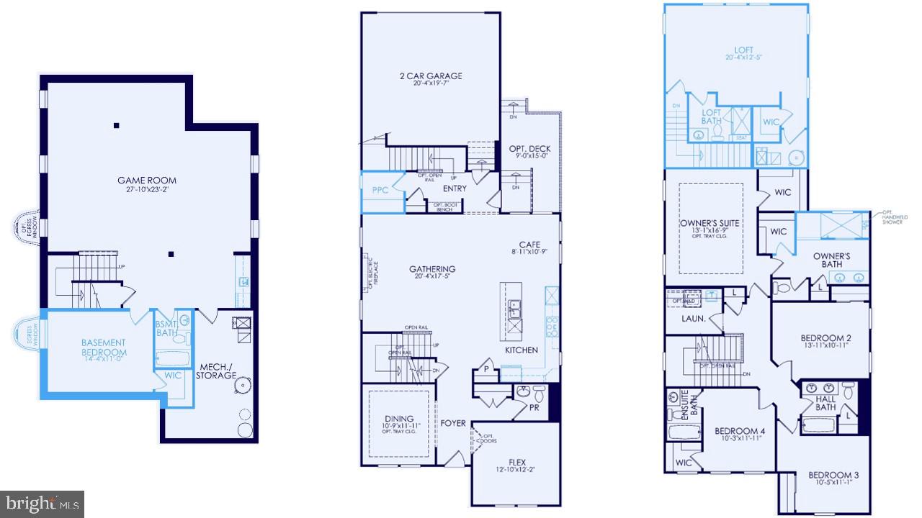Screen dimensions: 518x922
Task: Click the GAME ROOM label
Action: point(147,181)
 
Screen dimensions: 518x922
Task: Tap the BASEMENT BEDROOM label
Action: point(104,347)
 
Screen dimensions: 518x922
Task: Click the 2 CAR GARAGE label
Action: point(431,76)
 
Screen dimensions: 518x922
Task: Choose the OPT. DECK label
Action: point(529,149)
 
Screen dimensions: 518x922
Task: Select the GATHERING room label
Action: point(432,270)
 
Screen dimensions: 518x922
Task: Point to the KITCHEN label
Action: point(521,350)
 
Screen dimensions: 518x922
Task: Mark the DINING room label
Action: point(399,419)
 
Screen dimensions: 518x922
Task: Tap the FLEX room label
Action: point(517,463)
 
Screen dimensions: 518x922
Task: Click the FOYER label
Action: point(454,423)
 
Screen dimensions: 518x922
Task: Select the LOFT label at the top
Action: point(739,50)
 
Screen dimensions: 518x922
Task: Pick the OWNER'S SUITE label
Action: point(709,223)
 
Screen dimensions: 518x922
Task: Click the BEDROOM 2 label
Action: point(826,338)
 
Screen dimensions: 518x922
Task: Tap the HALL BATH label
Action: point(825,403)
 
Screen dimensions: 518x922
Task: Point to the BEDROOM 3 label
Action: point(834,476)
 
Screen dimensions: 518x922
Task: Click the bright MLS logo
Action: point(42,503)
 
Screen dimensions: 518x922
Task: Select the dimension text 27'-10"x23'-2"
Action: point(147,191)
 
